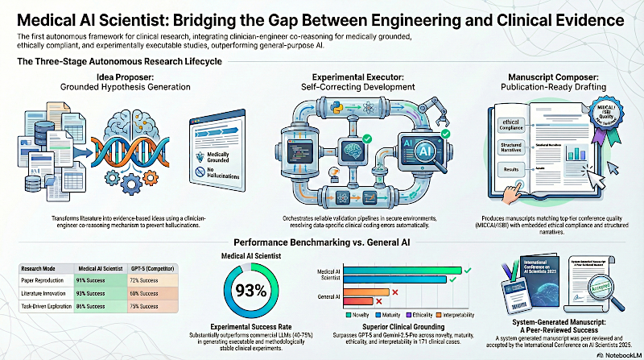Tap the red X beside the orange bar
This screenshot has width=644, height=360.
(394, 292)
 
